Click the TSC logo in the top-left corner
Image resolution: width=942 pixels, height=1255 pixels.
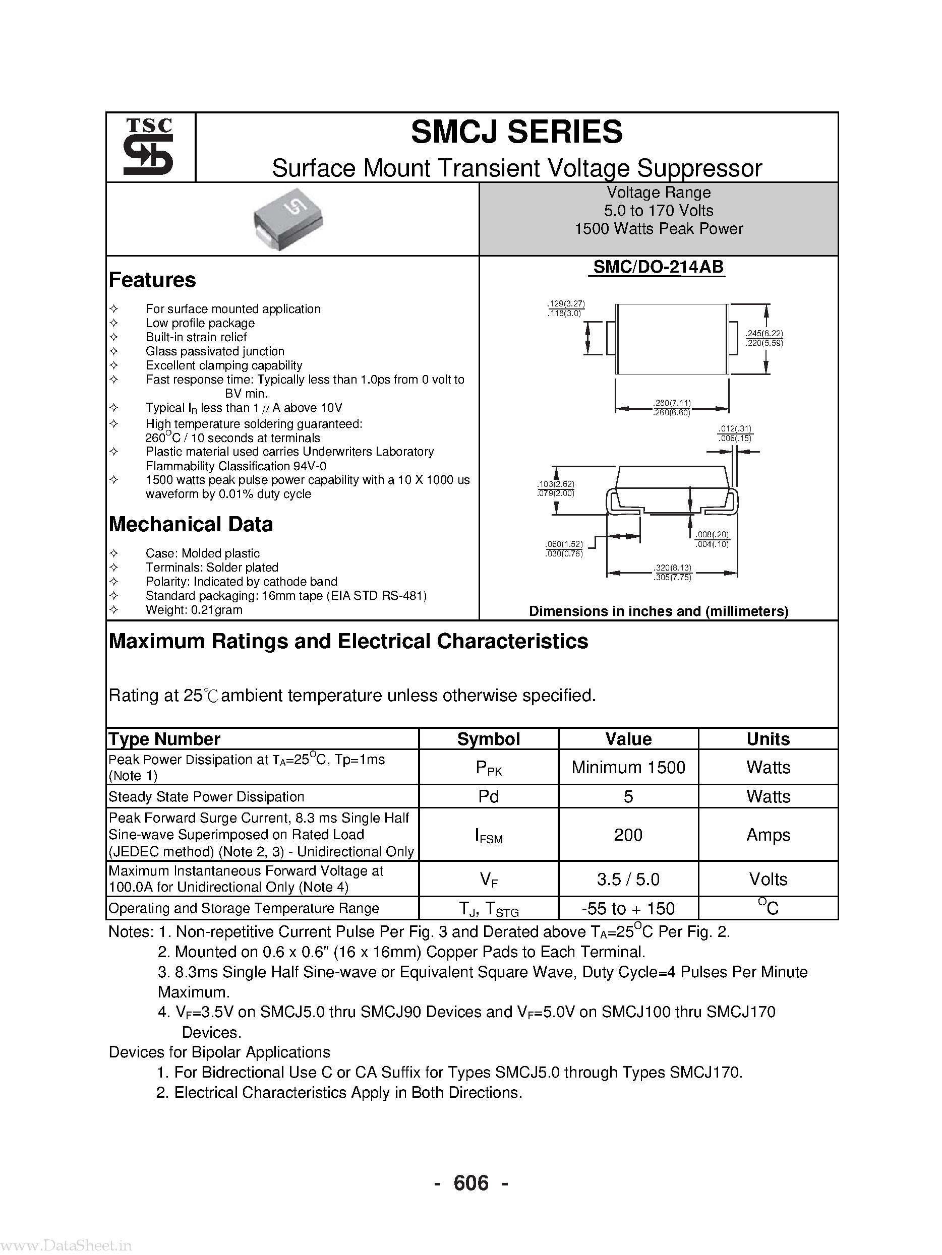(149, 147)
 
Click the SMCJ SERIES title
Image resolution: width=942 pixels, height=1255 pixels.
(516, 132)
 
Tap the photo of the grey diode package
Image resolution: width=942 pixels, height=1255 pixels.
(288, 219)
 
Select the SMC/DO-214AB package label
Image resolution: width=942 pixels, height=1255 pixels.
(658, 267)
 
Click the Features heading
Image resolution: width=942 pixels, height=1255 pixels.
(152, 280)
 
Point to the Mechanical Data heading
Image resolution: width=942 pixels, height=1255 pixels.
(191, 524)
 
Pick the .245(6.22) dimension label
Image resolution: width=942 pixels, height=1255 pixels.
(764, 334)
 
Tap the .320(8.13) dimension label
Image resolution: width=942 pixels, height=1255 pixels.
(673, 568)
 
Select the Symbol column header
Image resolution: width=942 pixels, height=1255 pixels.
(488, 739)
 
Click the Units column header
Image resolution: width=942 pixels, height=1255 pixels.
(768, 739)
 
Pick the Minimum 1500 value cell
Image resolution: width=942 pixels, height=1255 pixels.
(628, 767)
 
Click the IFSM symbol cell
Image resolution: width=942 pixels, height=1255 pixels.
(488, 835)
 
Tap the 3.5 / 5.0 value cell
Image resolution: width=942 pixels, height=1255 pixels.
(628, 879)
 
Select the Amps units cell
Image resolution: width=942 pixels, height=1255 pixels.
(768, 835)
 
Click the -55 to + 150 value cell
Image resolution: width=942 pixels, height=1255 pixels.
(628, 908)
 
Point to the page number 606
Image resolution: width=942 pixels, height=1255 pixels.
(470, 1182)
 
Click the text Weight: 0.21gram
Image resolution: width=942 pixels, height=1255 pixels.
(194, 610)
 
